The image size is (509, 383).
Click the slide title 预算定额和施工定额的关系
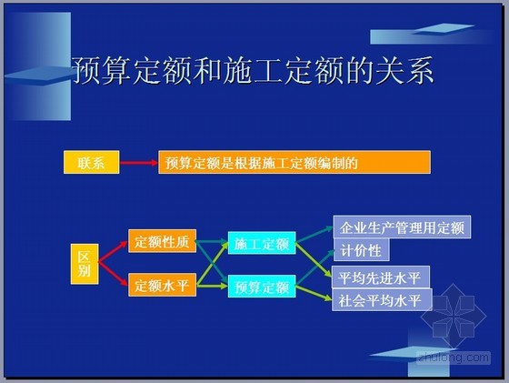coord(254,71)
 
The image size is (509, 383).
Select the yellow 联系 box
coord(91,162)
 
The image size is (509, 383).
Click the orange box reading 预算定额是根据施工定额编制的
coord(294,162)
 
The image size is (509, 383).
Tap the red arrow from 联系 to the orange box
coord(139,163)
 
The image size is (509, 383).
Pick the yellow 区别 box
coord(85,264)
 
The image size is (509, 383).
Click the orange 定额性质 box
coord(163,241)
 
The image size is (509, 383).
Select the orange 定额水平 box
coord(163,285)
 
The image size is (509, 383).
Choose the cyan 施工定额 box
coord(262,243)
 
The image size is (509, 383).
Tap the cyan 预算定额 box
coord(262,287)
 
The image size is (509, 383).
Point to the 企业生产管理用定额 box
coord(402,227)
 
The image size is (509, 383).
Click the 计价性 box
coord(362,250)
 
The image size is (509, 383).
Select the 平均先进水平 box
coord(381,277)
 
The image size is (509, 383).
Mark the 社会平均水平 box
coord(382,300)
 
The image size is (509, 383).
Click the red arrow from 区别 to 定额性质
coord(113,251)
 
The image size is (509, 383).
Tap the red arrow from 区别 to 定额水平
coord(113,274)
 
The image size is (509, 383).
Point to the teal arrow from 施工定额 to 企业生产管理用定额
coord(314,235)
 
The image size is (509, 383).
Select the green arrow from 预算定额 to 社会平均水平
coord(314,293)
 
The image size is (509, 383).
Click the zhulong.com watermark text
coord(454,358)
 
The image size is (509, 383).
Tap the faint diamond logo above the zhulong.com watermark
coord(454,316)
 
